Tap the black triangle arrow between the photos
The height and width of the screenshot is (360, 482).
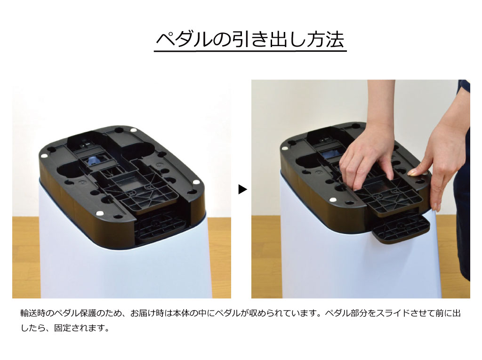(x=242, y=189)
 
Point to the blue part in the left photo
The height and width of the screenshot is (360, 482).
(x=92, y=160)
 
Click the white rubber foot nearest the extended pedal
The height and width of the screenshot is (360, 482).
(x=332, y=200)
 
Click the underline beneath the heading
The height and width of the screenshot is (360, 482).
(x=250, y=51)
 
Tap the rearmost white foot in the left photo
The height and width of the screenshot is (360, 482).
(x=134, y=130)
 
